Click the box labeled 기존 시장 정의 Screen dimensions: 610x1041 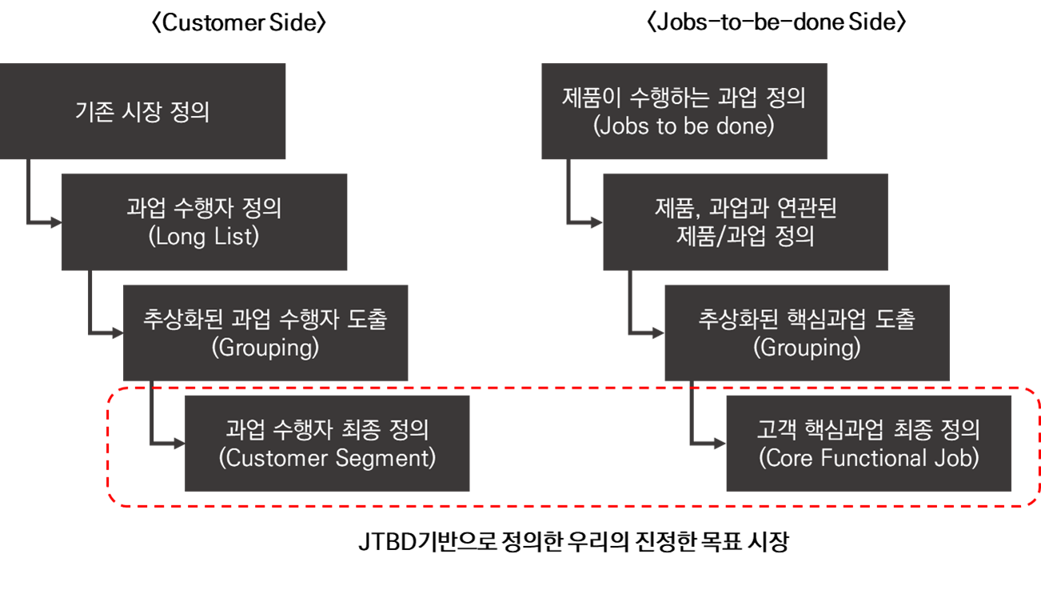(x=142, y=111)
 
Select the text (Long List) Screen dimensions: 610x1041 (x=204, y=237)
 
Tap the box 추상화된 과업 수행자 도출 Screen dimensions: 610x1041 (x=265, y=332)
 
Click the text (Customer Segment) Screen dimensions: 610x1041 (x=327, y=458)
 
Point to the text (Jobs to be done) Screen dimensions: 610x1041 (x=684, y=126)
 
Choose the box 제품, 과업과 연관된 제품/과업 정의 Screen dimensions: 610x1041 (x=745, y=221)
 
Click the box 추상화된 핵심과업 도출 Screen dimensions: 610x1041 (x=808, y=332)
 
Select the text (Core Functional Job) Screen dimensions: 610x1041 (x=869, y=458)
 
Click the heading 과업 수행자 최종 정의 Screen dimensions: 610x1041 (x=327, y=430)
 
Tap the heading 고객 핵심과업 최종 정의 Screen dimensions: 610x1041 (x=869, y=430)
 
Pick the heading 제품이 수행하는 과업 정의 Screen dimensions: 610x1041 (x=684, y=98)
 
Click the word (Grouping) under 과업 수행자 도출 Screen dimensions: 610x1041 (x=265, y=348)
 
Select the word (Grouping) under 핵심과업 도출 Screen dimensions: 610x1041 (x=808, y=348)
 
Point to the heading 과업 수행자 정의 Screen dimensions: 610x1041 (x=204, y=209)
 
